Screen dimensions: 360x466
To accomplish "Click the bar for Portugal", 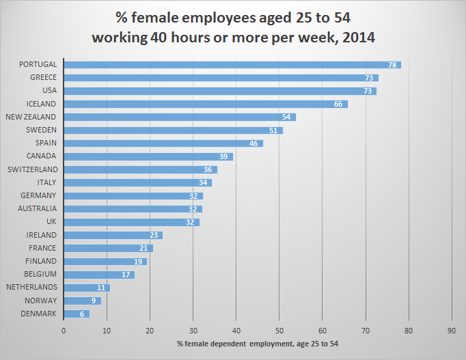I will pos(232,65).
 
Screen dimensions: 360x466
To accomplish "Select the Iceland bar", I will pos(205,104).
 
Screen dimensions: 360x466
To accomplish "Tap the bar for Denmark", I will pos(77,314).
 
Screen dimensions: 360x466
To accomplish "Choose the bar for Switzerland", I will pos(140,169).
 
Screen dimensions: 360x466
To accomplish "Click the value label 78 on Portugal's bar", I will pos(392,65).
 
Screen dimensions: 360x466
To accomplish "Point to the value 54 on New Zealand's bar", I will pos(286,117).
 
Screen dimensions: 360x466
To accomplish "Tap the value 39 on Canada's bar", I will pos(223,156).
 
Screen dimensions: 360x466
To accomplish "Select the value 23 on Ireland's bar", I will pos(154,235).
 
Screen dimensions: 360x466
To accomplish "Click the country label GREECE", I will pos(43,78).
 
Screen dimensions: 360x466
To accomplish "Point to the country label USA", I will pos(49,91).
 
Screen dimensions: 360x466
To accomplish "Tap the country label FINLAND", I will pos(42,261).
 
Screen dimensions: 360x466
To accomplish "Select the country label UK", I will pos(51,222).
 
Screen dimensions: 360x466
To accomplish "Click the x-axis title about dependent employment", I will pos(258,344).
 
